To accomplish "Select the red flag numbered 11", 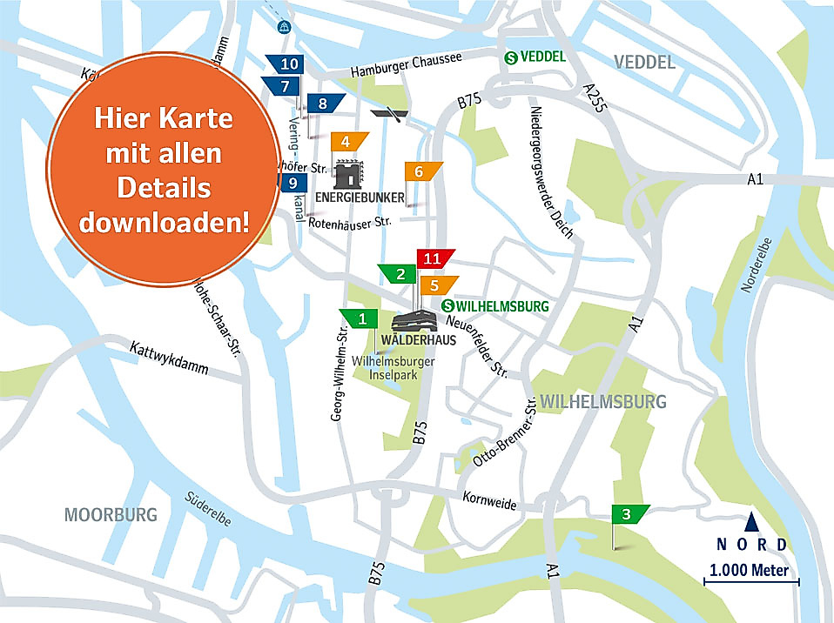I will (433, 258).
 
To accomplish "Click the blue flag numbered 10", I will (291, 64).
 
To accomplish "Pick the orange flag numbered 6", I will (420, 172).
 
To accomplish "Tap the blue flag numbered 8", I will (324, 104).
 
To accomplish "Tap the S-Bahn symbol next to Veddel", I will (512, 57).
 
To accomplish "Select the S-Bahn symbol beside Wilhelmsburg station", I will (448, 306).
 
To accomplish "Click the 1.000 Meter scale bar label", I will (749, 571).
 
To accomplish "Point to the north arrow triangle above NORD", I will (750, 522).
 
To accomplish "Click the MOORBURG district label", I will (111, 514).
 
